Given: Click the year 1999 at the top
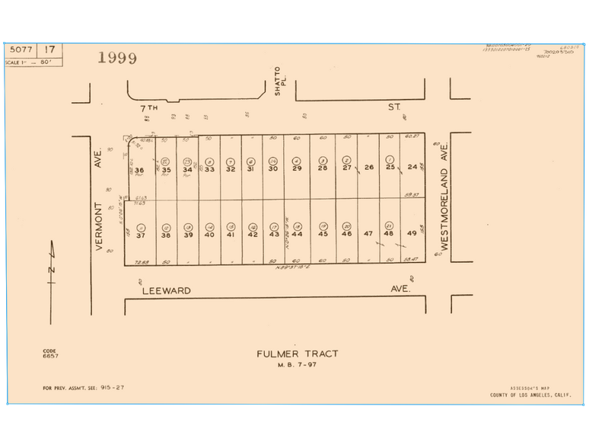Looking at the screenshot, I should coord(117,58).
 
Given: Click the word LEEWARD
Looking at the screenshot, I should coord(165,290).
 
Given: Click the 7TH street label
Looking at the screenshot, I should coord(148,108).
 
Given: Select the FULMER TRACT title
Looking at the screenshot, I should coord(298,354).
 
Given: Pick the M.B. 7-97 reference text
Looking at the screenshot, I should coord(298,364).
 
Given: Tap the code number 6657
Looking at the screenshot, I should coord(50,356).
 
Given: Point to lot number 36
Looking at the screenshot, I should coord(139,170).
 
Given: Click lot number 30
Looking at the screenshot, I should coord(272,168).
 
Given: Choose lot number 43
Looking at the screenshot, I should coord(274,235).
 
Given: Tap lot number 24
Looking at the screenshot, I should coord(412,167).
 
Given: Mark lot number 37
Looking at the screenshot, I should coord(141,235).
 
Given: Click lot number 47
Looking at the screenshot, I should coord(368,234).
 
